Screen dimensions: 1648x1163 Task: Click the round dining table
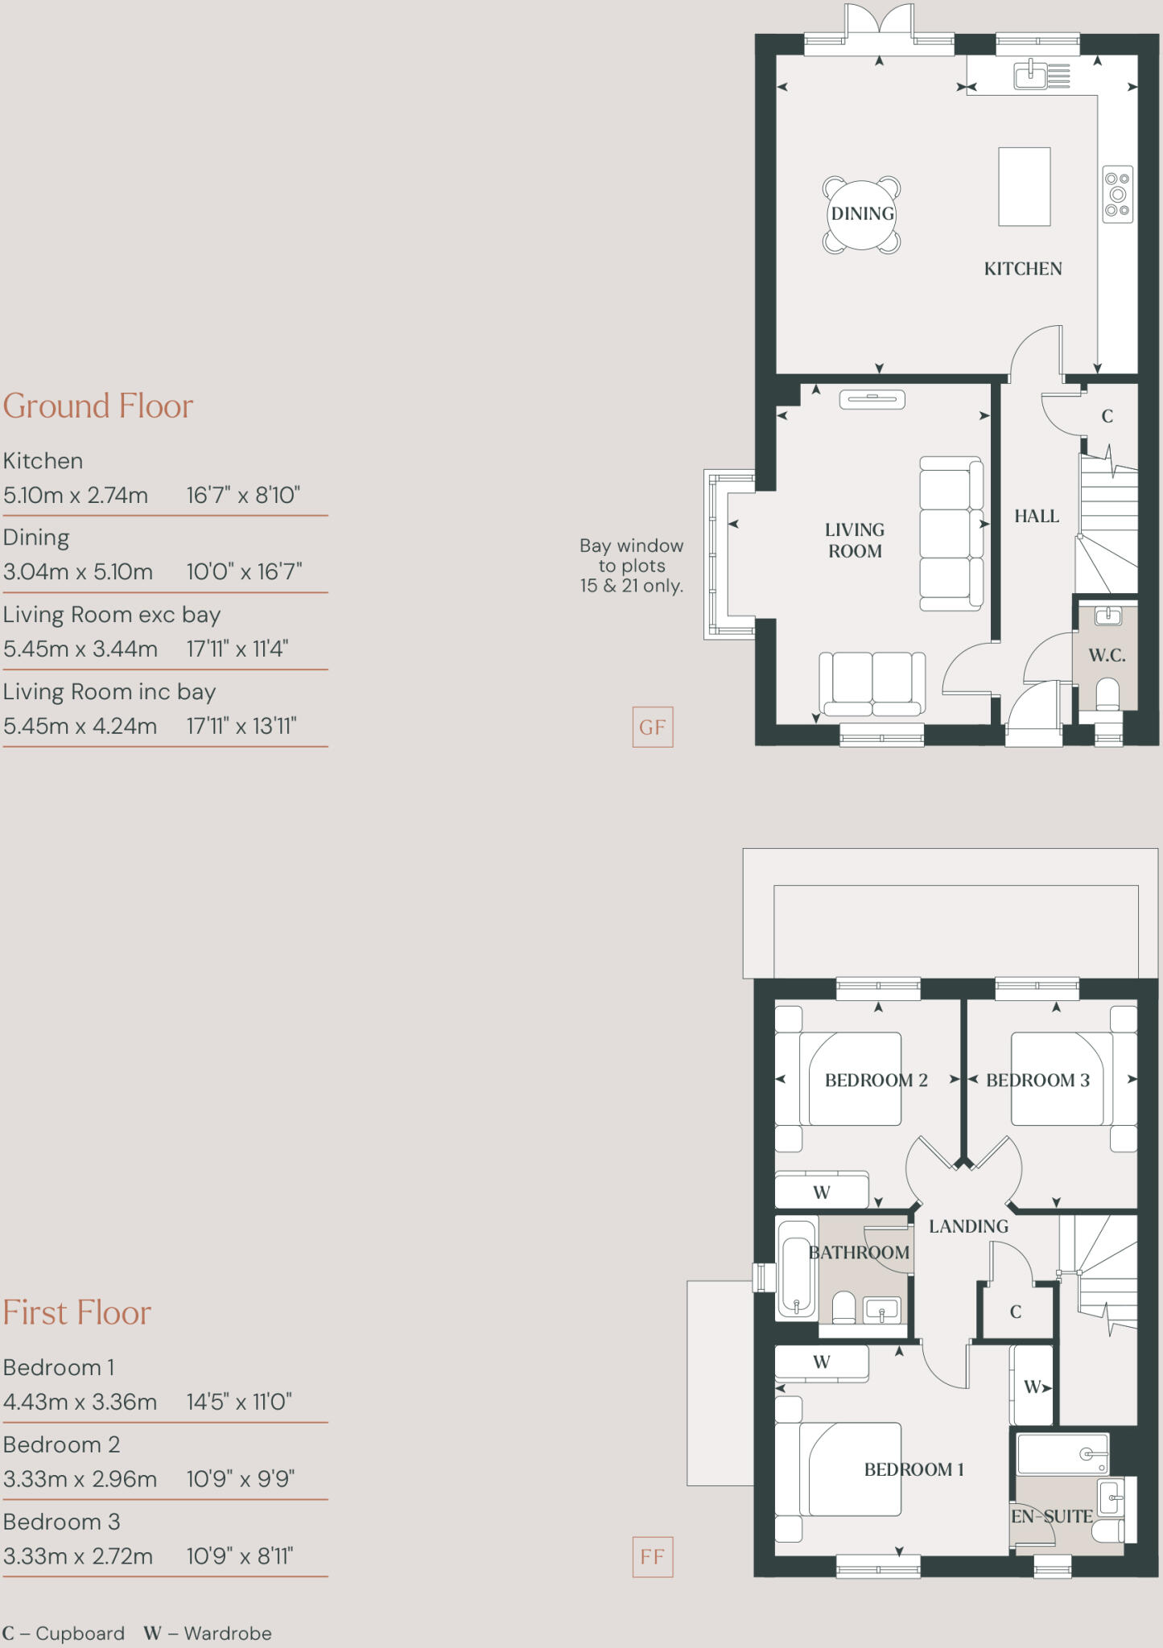point(862,214)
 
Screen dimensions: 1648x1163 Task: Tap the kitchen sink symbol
point(1031,76)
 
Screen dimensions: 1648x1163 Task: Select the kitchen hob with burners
point(1117,194)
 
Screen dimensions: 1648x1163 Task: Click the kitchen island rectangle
point(1024,186)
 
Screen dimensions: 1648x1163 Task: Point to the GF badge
point(652,727)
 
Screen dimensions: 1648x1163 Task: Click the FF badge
point(652,1556)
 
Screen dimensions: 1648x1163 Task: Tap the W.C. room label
point(1107,655)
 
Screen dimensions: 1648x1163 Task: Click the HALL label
point(1036,516)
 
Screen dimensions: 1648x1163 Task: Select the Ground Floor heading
point(98,406)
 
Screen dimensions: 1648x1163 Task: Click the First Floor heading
point(77,1312)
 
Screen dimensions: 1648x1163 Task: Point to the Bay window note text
point(631,566)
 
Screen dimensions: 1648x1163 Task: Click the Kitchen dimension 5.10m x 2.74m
point(76,495)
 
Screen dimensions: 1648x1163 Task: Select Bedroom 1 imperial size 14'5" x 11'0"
point(239,1402)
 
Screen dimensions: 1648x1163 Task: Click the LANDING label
point(968,1226)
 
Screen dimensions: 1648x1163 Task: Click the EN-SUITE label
point(1051,1516)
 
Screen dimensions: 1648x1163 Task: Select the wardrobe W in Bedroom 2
point(821,1192)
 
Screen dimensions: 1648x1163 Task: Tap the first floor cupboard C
point(1015,1312)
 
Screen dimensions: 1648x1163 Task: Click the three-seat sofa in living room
point(951,534)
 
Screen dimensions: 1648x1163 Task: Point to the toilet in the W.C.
point(1108,693)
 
